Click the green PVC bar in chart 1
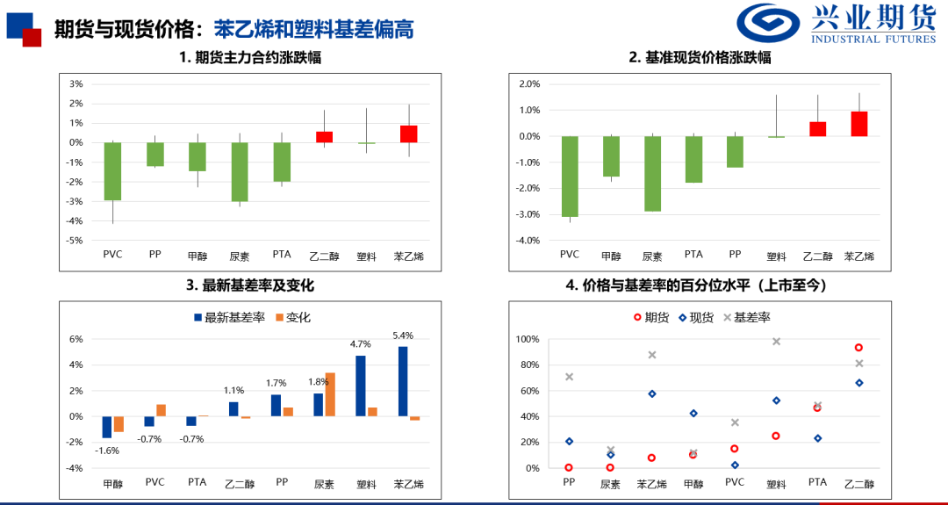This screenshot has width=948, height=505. (x=112, y=171)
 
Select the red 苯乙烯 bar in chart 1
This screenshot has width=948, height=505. (x=408, y=133)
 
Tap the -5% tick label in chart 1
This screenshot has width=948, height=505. (x=76, y=240)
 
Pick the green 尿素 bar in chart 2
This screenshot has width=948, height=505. (x=652, y=174)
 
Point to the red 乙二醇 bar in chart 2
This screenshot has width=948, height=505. (x=817, y=129)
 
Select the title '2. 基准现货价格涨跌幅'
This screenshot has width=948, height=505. (x=700, y=58)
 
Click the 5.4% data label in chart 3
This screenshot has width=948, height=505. (x=403, y=335)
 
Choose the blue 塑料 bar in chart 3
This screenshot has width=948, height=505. (x=361, y=386)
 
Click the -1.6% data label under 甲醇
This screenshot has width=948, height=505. (x=107, y=451)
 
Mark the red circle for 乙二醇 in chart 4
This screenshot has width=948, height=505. (x=858, y=348)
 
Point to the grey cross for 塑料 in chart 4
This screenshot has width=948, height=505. (x=776, y=341)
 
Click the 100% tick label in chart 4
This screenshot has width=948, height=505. (x=527, y=339)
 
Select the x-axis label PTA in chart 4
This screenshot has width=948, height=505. (x=817, y=482)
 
